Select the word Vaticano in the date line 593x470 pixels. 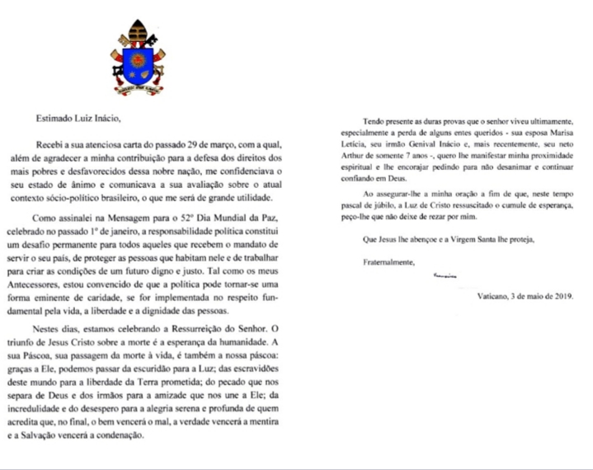pos(496,295)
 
